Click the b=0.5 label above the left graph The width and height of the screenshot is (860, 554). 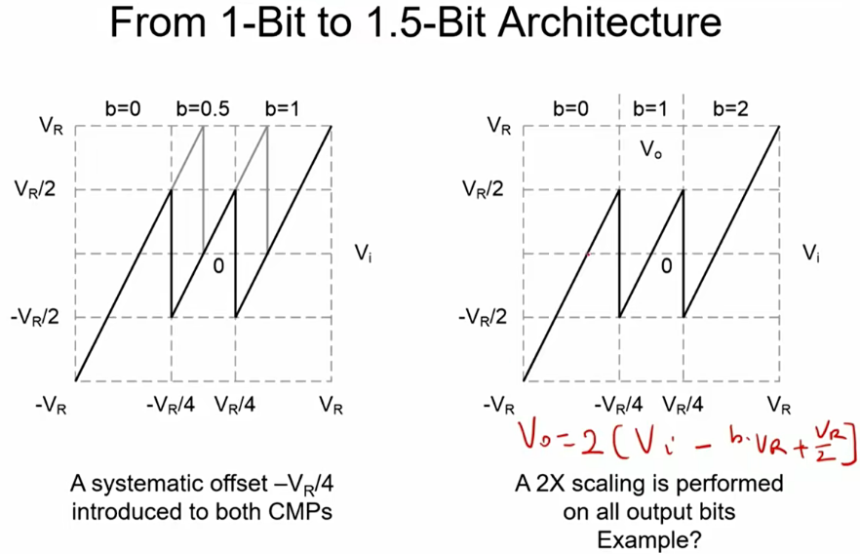coord(203,108)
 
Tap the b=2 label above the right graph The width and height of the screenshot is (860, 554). coord(731,108)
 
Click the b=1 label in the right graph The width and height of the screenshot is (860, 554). coord(650,108)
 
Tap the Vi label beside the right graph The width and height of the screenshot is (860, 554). coord(810,253)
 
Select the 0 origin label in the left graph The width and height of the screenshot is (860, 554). coord(219,264)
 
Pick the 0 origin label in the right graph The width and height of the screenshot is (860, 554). coord(666,264)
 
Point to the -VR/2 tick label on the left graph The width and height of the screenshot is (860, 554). coord(40,317)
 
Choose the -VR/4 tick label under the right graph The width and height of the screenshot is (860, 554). coord(620,403)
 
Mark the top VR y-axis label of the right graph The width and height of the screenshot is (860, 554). coord(498,126)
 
